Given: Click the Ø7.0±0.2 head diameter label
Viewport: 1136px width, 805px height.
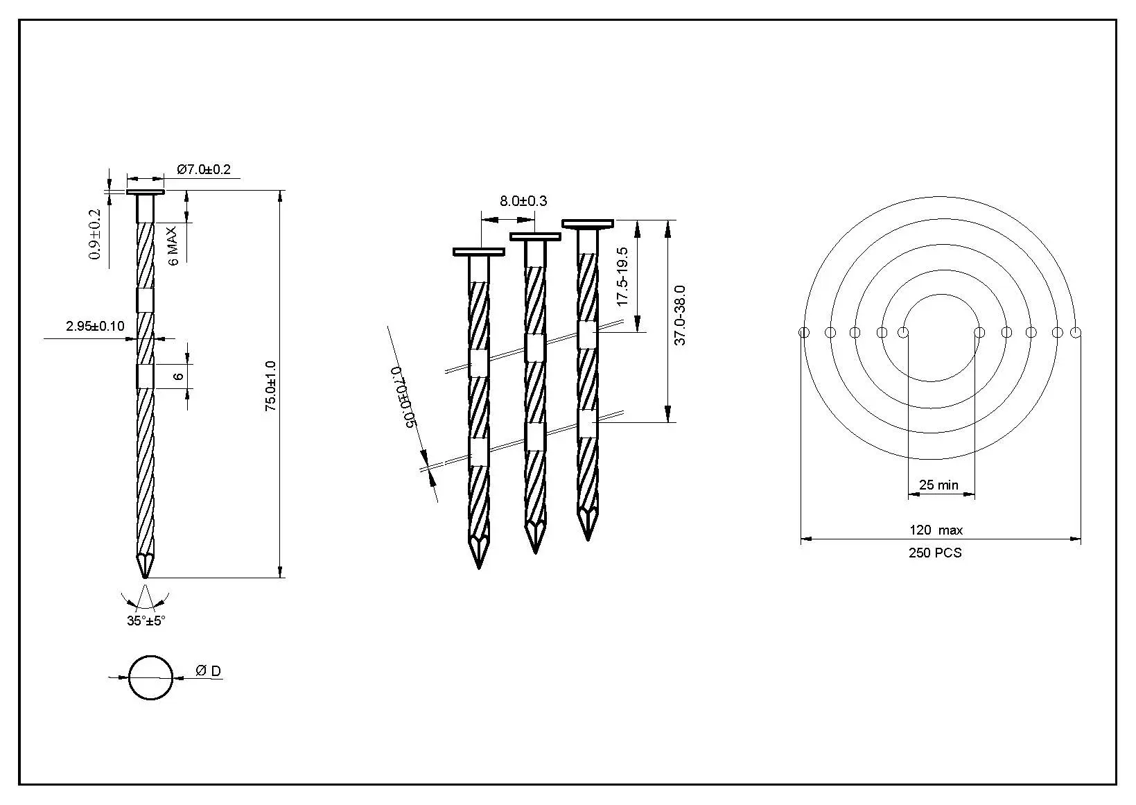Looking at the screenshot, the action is pyautogui.click(x=203, y=169).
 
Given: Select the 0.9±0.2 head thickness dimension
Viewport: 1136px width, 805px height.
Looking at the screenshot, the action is pyautogui.click(x=96, y=234).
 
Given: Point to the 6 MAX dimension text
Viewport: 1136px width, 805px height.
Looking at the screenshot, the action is pyautogui.click(x=173, y=246).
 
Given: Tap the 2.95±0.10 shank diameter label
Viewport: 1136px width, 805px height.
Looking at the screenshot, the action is pyautogui.click(x=95, y=326).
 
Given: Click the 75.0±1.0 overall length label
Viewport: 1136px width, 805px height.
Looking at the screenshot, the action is pyautogui.click(x=271, y=386).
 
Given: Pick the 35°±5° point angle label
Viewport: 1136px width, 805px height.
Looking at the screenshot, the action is pyautogui.click(x=146, y=621).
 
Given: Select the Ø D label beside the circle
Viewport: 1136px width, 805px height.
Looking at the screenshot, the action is pyautogui.click(x=208, y=671).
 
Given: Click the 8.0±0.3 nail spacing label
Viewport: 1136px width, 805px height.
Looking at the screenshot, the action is pyautogui.click(x=523, y=201).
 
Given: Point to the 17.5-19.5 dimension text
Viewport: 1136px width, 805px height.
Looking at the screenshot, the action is pyautogui.click(x=622, y=277).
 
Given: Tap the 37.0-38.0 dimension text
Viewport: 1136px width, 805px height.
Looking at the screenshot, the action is pyautogui.click(x=679, y=315).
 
